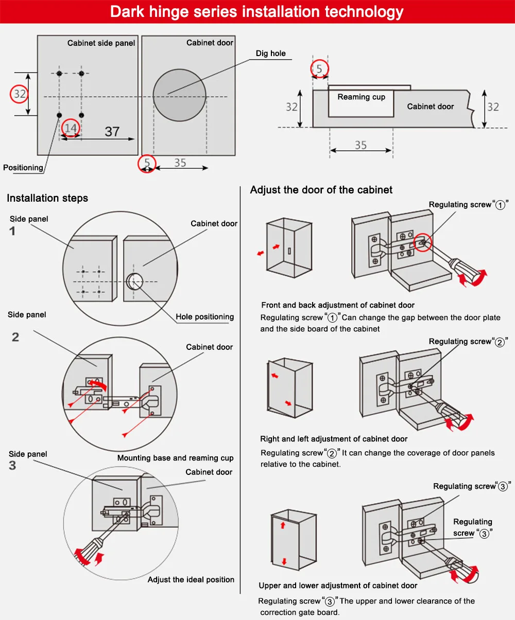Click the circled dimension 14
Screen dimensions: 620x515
click(71, 128)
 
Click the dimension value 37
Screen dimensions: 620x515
click(112, 132)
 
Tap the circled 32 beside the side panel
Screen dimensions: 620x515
click(20, 94)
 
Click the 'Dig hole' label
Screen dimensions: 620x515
click(270, 54)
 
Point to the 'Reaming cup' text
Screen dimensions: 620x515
click(361, 97)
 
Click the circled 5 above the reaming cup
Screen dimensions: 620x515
click(319, 69)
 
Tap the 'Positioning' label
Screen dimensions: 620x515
click(23, 168)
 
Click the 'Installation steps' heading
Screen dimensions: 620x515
click(47, 198)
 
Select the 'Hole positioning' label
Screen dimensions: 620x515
click(204, 317)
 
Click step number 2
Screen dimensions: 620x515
click(15, 337)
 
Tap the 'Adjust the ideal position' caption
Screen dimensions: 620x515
click(191, 579)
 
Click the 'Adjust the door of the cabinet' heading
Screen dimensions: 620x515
click(321, 190)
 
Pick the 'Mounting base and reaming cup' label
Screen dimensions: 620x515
click(175, 458)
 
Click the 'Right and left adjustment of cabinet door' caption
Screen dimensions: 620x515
click(334, 439)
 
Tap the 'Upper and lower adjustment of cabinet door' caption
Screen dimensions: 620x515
click(338, 586)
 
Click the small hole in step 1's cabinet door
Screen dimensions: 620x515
click(134, 281)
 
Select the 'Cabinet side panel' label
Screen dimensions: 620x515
click(101, 43)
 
